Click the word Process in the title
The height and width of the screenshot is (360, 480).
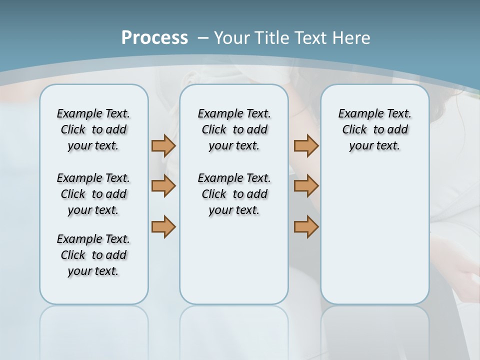[154, 37]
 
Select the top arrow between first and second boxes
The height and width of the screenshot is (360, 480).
[163, 146]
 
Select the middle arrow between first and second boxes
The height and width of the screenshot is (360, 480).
[163, 186]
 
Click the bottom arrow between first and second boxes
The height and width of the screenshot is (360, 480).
[163, 226]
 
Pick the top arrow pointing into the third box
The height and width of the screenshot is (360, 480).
[306, 146]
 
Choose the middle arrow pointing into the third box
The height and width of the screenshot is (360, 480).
[306, 186]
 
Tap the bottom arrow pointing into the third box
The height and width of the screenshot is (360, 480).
[306, 226]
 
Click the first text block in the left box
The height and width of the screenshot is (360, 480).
[93, 129]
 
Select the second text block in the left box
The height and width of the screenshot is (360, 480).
[93, 194]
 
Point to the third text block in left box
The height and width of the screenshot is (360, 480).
[93, 255]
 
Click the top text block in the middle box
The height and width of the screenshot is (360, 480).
[234, 129]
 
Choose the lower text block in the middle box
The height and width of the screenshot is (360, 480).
[234, 194]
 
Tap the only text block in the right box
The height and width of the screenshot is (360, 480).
[374, 129]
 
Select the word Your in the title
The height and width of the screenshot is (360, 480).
[232, 37]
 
